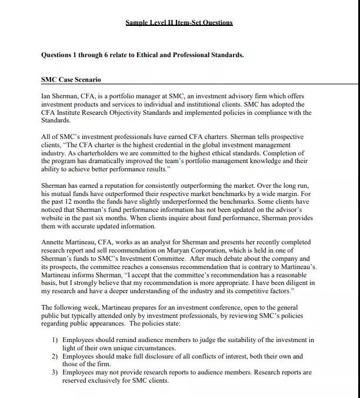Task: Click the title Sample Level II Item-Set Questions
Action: pos(179,22)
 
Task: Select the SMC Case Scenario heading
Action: pos(71,79)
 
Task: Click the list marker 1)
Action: pos(55,340)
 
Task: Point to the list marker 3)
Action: pos(55,372)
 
